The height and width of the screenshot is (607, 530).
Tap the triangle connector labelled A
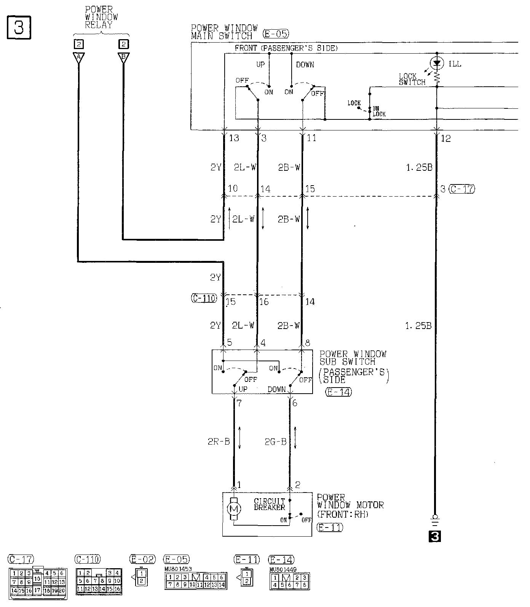[x=79, y=57]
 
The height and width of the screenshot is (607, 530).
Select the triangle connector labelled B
[x=123, y=57]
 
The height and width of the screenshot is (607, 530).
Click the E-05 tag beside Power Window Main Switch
[x=276, y=34]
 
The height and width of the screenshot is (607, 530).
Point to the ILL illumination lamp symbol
[x=437, y=63]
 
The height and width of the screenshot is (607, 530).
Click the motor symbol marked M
[x=234, y=508]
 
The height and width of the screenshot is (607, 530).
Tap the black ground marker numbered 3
[x=435, y=536]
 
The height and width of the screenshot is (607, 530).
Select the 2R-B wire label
[x=219, y=442]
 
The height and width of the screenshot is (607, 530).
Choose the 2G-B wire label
[x=275, y=442]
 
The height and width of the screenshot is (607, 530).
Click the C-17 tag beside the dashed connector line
[x=462, y=189]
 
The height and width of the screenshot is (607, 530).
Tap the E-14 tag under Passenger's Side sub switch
[x=339, y=392]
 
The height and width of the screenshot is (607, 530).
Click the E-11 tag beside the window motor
[x=330, y=528]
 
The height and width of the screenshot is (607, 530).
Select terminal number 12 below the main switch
[x=446, y=138]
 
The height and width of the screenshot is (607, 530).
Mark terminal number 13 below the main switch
[x=234, y=138]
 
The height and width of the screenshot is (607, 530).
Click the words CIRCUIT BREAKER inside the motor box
[x=270, y=504]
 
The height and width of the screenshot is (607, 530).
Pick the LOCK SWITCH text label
[x=412, y=79]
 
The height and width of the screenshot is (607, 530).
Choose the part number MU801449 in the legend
[x=283, y=569]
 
